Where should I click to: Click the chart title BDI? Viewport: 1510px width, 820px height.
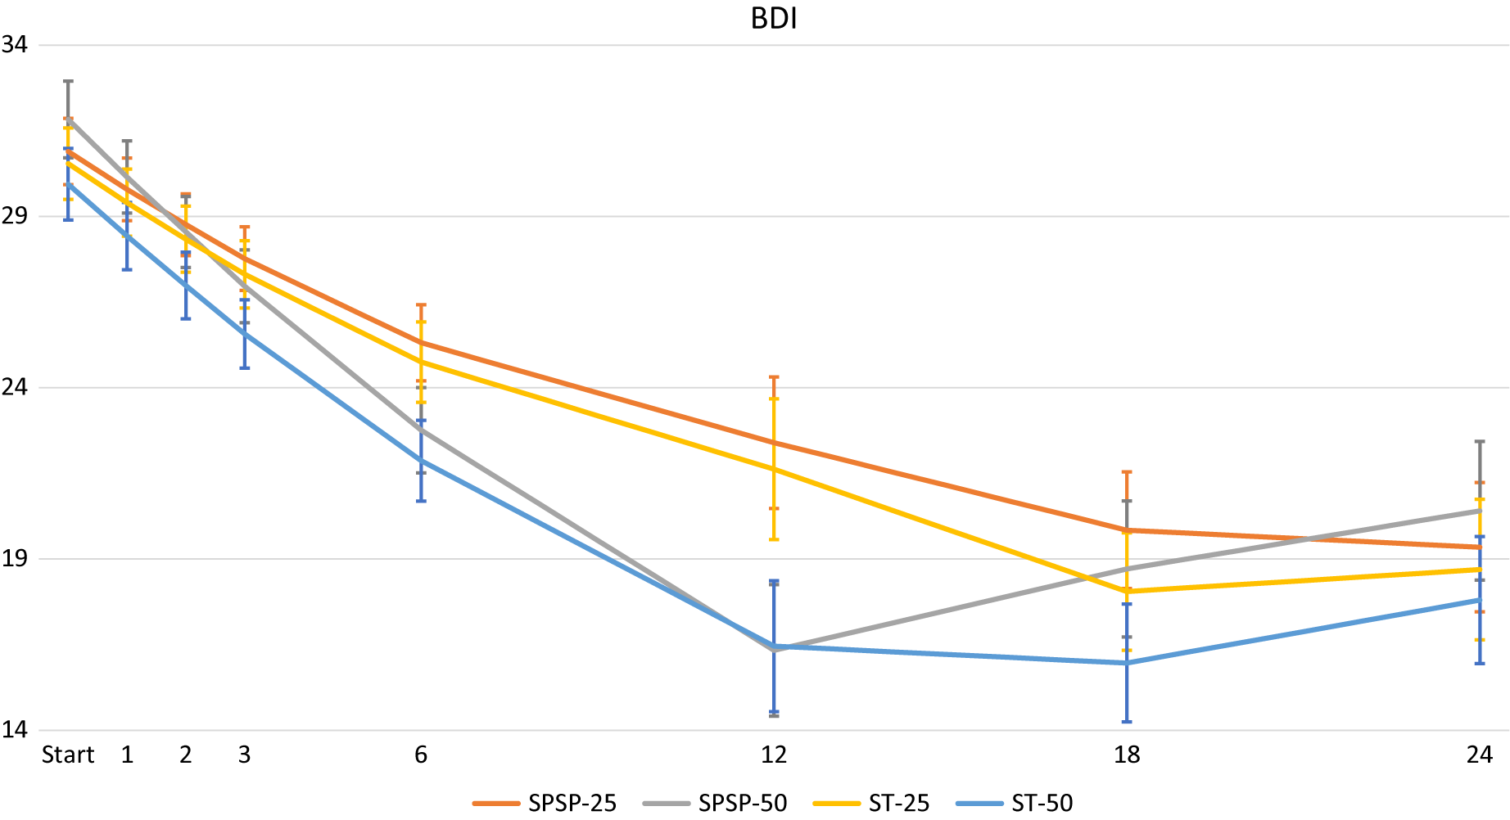774,18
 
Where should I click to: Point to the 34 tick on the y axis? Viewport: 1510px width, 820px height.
14,44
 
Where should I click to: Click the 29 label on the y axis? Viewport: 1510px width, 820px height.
14,216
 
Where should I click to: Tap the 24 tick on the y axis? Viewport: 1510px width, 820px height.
14,387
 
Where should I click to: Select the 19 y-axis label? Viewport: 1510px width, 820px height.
14,559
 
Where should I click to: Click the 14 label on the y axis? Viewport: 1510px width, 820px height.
14,729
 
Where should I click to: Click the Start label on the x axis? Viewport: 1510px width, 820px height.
68,755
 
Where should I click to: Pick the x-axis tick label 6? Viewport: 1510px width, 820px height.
421,755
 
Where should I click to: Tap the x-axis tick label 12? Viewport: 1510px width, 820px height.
774,755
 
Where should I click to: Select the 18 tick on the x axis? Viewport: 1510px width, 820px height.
1127,755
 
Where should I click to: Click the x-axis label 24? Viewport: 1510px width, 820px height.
1480,755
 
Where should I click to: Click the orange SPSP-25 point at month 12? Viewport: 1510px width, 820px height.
774,443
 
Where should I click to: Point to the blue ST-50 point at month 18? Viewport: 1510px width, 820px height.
1127,663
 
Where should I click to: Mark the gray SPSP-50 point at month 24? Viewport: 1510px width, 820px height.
1480,511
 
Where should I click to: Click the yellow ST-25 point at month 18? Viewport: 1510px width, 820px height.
1127,591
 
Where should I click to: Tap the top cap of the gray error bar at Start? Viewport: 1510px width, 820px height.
68,81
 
